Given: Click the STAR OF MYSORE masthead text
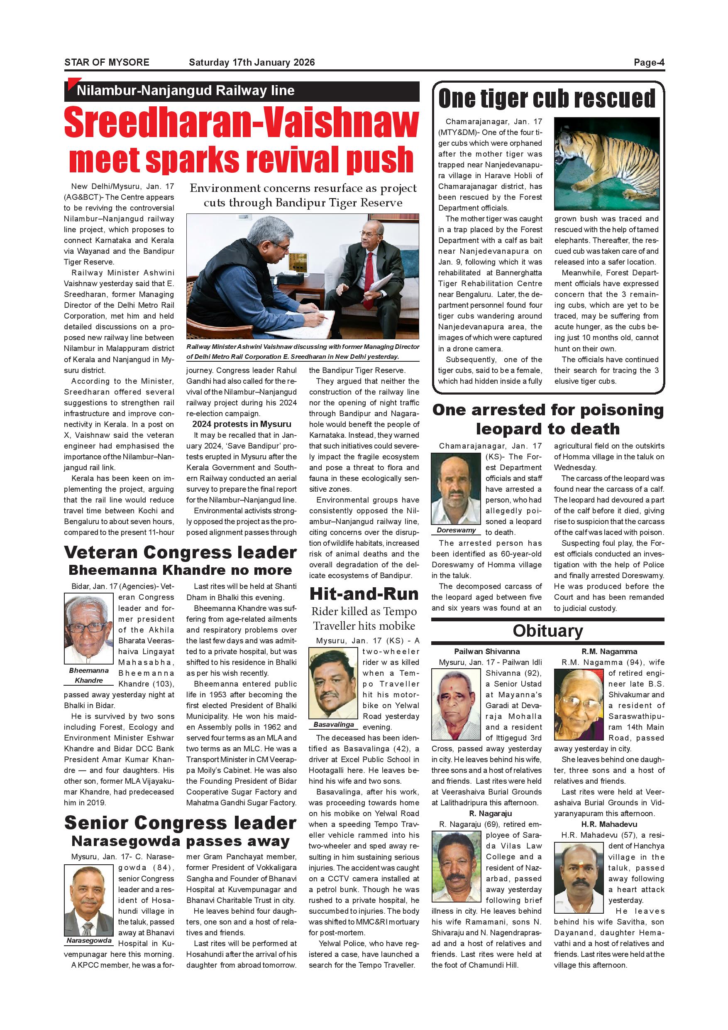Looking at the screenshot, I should [107, 62].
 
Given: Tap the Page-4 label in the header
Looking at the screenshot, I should [649, 62].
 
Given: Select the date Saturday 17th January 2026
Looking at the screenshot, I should [252, 62].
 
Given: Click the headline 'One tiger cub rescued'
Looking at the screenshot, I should [547, 98].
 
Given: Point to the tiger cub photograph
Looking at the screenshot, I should [606, 164].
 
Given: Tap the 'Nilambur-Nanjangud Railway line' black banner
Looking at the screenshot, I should [242, 91].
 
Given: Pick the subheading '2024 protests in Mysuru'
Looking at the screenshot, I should [242, 424].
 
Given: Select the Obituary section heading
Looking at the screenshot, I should [548, 631].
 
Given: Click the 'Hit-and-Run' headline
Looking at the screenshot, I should [364, 594].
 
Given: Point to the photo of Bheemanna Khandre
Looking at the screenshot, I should [89, 628].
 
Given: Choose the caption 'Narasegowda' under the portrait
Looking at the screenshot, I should [89, 940].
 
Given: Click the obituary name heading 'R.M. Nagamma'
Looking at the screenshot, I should [609, 651].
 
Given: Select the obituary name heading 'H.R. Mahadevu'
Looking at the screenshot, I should [609, 824].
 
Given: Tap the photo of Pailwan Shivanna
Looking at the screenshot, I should [456, 704].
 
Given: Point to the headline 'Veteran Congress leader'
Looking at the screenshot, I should [180, 552].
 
